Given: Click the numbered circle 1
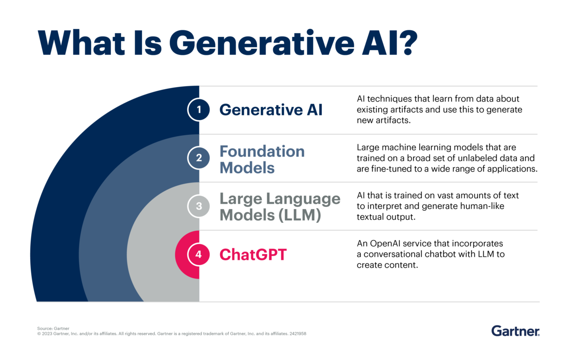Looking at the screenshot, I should pyautogui.click(x=199, y=110).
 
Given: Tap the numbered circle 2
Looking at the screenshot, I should pyautogui.click(x=199, y=158).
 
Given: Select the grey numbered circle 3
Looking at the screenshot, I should pyautogui.click(x=199, y=206).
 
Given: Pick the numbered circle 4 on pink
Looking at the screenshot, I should pyautogui.click(x=199, y=255).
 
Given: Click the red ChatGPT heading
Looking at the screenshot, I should pyautogui.click(x=253, y=255).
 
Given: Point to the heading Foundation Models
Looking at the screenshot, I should pyautogui.click(x=262, y=159).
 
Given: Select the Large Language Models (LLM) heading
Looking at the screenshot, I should pyautogui.click(x=280, y=206).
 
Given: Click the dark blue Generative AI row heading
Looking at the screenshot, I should pyautogui.click(x=271, y=110).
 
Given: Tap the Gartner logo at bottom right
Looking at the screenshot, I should pyautogui.click(x=515, y=331).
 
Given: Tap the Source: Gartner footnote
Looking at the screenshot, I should pyautogui.click(x=53, y=328).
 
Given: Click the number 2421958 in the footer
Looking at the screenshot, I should pyautogui.click(x=296, y=334).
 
